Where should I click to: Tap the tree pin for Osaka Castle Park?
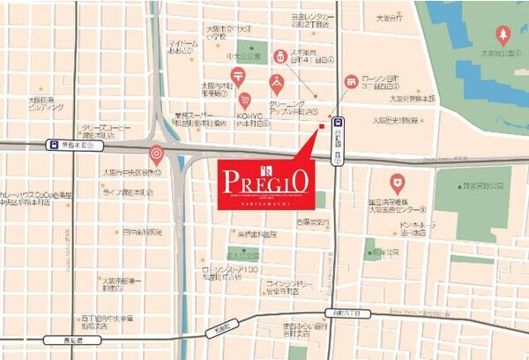(x=503, y=34)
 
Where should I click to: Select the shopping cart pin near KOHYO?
(x=246, y=101)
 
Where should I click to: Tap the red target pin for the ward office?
(x=156, y=154)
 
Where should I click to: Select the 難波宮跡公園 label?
(x=479, y=186)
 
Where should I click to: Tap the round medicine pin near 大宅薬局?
(x=283, y=56)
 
